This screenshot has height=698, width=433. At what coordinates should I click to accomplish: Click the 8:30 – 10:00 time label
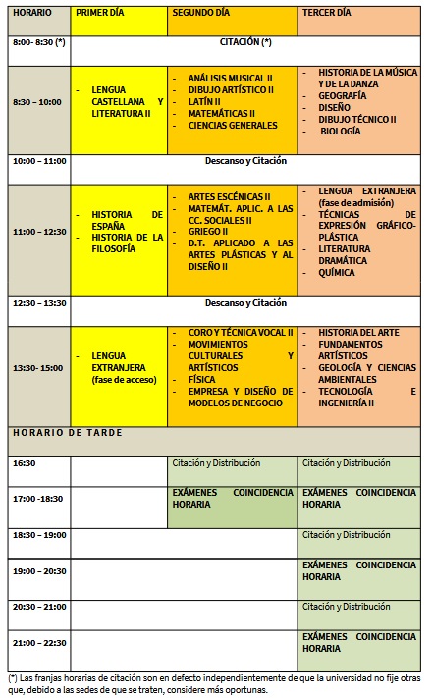pos(38,101)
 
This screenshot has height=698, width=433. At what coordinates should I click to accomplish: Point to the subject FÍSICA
pos(201,379)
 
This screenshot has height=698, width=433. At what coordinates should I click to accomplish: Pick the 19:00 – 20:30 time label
pos(39,570)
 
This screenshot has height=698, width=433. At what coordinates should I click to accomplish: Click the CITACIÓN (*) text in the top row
pos(245,43)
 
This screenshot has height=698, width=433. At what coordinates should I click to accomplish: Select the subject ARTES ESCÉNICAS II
pos(229,196)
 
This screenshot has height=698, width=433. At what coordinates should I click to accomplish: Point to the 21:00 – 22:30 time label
pos(39,642)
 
